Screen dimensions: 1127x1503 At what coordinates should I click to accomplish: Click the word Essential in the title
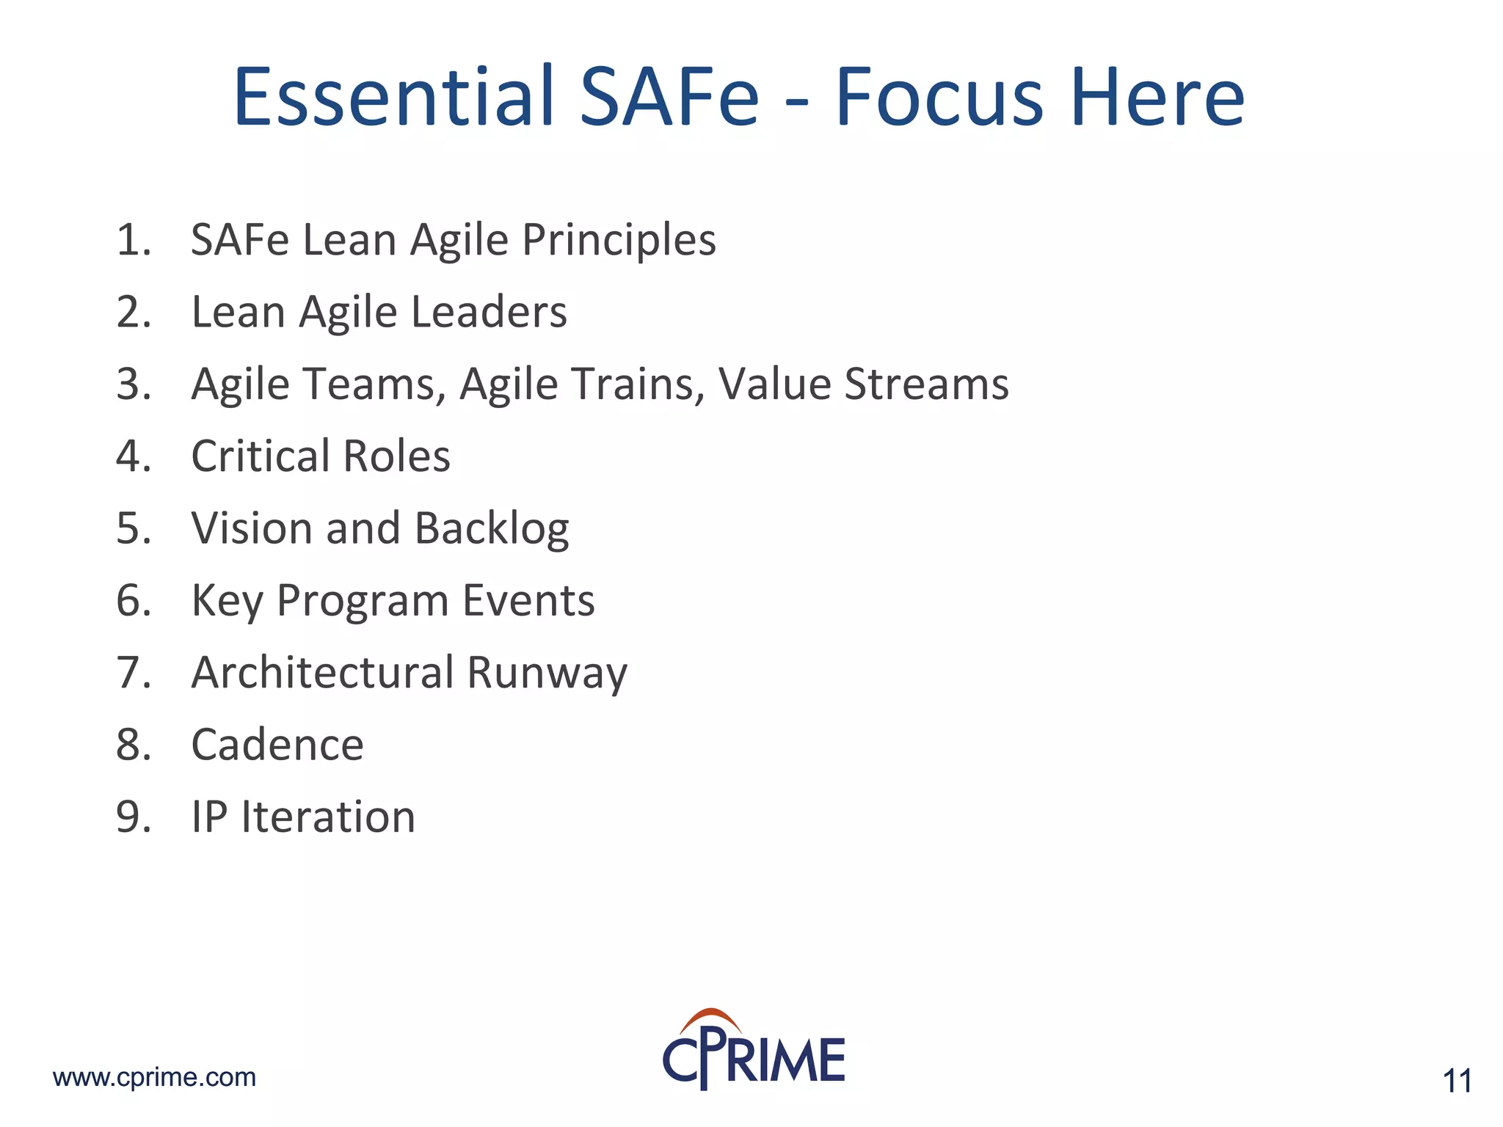coord(393,98)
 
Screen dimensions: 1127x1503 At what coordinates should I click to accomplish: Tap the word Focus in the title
coord(939,98)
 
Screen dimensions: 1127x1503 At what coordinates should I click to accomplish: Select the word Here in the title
coord(1157,98)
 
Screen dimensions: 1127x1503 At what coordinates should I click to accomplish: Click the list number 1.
coord(133,240)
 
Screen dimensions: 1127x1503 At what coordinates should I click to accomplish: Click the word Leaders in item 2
coord(489,312)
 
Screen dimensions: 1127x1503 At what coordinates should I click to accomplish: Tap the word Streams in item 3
coord(926,384)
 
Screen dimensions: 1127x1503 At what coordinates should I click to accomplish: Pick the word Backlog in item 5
coord(492,528)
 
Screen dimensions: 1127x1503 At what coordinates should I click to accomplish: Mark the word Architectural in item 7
coord(323,672)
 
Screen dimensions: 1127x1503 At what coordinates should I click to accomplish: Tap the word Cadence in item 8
coord(277,745)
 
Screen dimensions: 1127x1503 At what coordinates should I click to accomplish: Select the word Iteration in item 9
coord(328,817)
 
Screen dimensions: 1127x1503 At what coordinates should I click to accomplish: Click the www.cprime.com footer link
coord(154,1077)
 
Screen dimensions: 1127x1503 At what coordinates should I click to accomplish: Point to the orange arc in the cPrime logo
coord(710,1019)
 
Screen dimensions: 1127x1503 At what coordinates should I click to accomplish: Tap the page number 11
coord(1457,1082)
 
